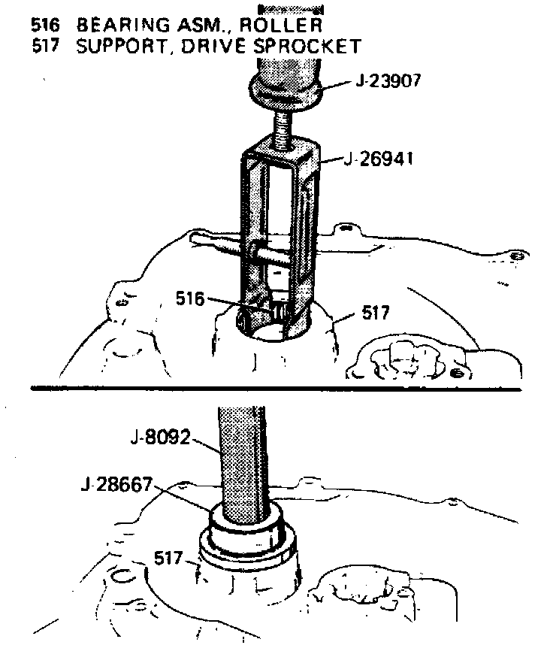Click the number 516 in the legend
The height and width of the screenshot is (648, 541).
pyautogui.click(x=44, y=25)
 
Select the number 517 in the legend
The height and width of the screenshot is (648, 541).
pyautogui.click(x=44, y=46)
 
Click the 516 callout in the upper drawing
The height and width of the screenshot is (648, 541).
pyautogui.click(x=190, y=298)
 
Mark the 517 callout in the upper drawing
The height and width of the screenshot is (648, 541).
pyautogui.click(x=375, y=311)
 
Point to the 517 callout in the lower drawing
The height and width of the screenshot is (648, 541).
pyautogui.click(x=168, y=559)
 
